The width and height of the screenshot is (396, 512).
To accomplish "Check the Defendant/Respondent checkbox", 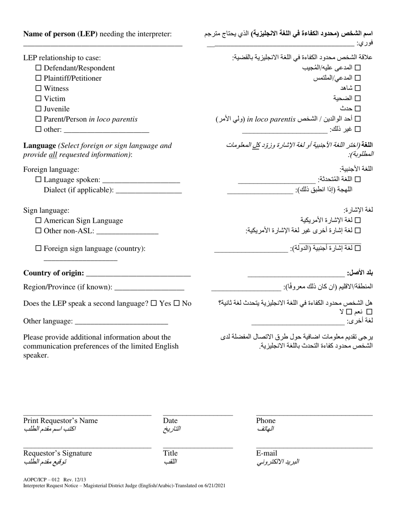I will coord(38,68).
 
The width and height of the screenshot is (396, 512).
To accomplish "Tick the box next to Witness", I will coord(38,88).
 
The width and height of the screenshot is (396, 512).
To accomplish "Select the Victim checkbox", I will coord(38,99).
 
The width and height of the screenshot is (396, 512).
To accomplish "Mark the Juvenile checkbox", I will coord(38,109).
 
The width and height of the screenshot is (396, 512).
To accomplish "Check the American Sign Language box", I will coord(38,221).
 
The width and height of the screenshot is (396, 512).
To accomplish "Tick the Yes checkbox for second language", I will coord(154,303).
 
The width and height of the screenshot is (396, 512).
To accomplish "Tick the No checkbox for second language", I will coord(176,303).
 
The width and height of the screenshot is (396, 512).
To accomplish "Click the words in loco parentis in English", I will coord(113,119).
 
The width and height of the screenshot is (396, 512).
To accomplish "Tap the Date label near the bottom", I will coord(170,421).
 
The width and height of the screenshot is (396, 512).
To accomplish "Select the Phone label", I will coord(266,421).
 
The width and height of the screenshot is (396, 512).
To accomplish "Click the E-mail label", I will coord(266,453).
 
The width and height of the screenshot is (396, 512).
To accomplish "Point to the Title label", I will coord(170,453).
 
